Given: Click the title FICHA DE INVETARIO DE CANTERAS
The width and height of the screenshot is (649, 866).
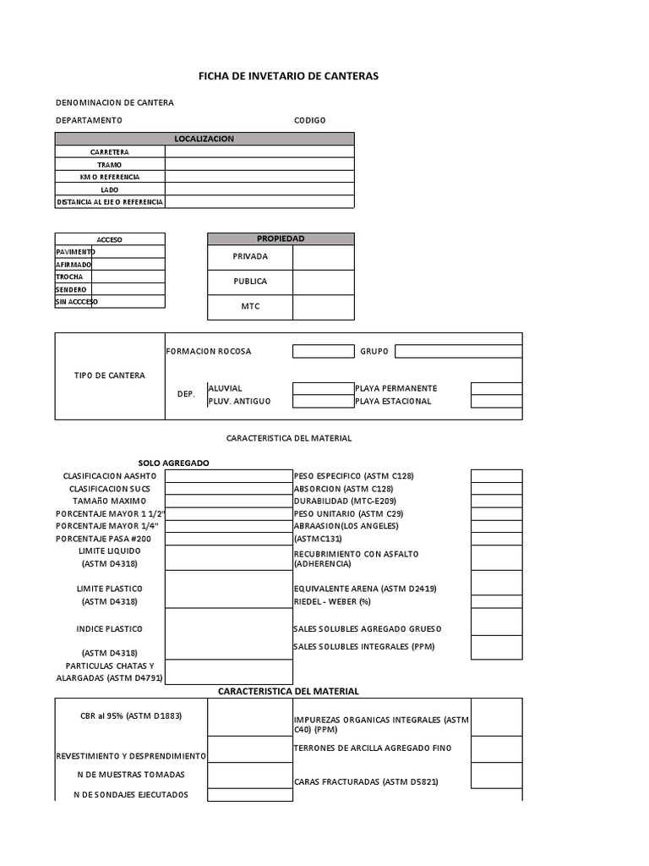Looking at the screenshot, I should [288, 76].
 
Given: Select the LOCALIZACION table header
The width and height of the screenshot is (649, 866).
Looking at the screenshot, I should [205, 139].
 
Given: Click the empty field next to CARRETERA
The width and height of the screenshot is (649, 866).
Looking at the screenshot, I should [259, 152].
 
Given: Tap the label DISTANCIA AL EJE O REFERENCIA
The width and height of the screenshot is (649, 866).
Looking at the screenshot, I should [110, 202].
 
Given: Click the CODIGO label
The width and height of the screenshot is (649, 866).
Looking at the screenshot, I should [309, 120].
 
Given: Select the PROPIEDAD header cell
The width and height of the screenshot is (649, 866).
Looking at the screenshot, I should [281, 239].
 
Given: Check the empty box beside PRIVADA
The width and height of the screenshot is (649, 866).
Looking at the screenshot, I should [324, 257].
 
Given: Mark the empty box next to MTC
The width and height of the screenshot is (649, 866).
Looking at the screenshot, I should [324, 307].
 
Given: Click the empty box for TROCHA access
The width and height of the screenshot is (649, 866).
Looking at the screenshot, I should [128, 277].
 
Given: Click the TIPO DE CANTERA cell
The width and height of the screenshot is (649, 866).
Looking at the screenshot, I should [110, 375].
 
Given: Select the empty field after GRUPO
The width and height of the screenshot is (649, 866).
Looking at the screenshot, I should [458, 351].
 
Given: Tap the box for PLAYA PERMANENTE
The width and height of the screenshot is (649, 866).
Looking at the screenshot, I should [496, 388].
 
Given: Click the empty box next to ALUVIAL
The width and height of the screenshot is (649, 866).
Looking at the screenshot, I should [323, 388].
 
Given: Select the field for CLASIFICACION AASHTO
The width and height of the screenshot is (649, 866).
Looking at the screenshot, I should [228, 476].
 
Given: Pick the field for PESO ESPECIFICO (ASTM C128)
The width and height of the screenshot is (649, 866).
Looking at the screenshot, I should [496, 476].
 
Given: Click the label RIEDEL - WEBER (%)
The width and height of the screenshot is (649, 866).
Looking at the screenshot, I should [331, 601].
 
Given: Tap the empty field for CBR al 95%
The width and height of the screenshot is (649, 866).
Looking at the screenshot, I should [238, 716].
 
